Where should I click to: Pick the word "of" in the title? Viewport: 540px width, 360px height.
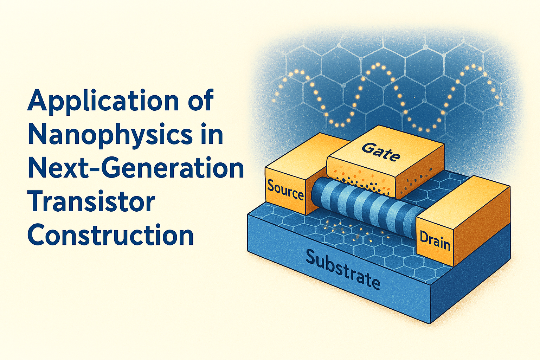pyautogui.click(x=200, y=99)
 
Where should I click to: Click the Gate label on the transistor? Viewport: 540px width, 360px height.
pyautogui.click(x=381, y=152)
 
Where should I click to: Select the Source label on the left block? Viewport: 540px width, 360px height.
pyautogui.click(x=285, y=191)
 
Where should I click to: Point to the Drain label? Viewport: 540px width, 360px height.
pyautogui.click(x=435, y=240)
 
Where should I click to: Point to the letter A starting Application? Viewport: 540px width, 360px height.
pyautogui.click(x=37, y=100)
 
